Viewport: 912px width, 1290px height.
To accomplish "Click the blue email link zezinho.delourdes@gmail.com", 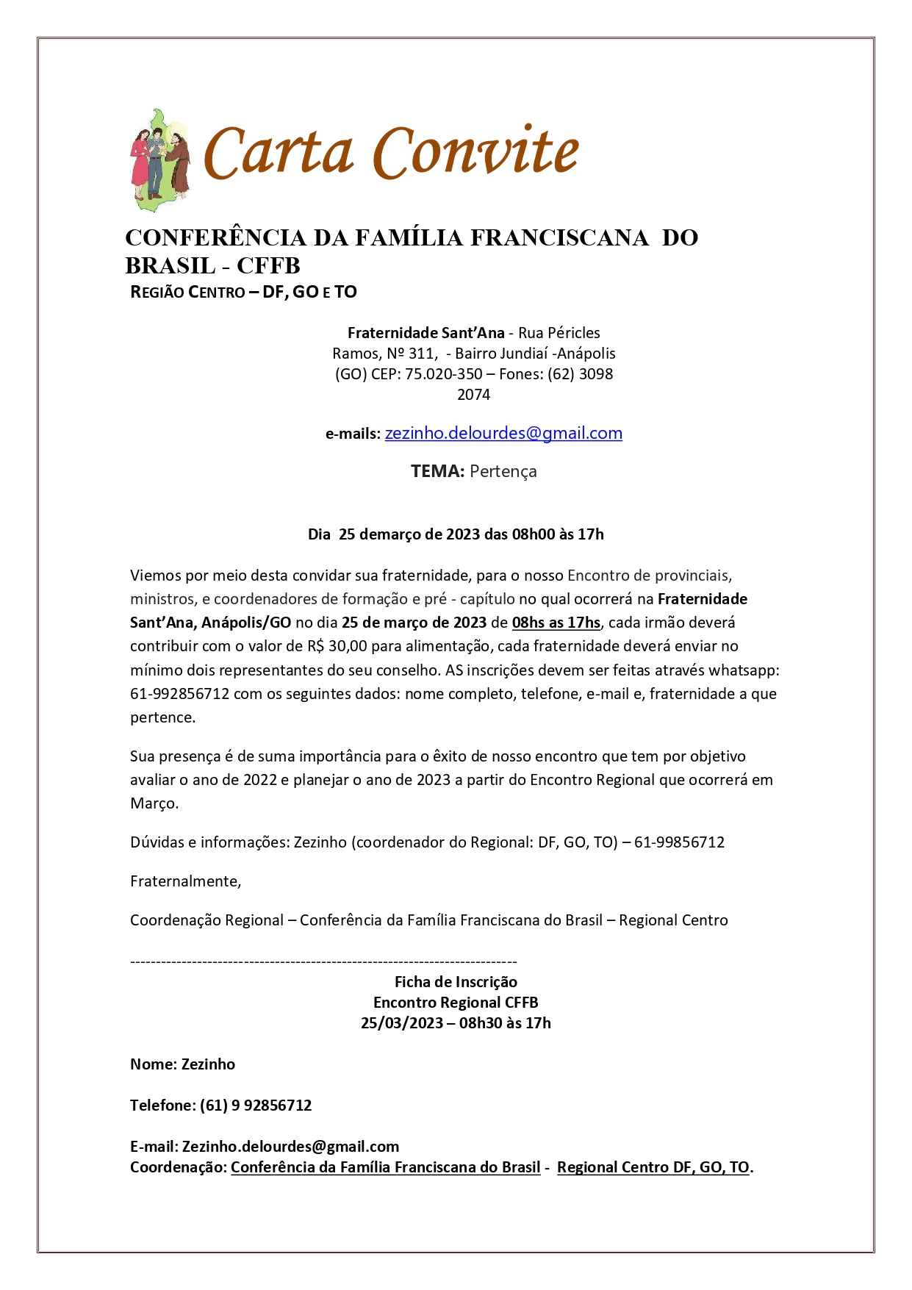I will click(503, 434).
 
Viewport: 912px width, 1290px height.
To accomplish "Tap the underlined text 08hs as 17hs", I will click(556, 623).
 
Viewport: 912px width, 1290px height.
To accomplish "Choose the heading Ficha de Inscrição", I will click(456, 982).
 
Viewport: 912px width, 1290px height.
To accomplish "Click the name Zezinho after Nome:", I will click(209, 1064).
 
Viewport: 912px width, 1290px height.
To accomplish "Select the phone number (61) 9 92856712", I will click(256, 1106).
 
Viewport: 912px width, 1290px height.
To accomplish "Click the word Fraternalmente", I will click(184, 881).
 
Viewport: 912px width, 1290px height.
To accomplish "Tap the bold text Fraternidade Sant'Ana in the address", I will click(426, 333).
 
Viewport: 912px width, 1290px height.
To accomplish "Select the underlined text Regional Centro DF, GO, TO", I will click(653, 1167).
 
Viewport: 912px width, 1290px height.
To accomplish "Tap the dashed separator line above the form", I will click(323, 961).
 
